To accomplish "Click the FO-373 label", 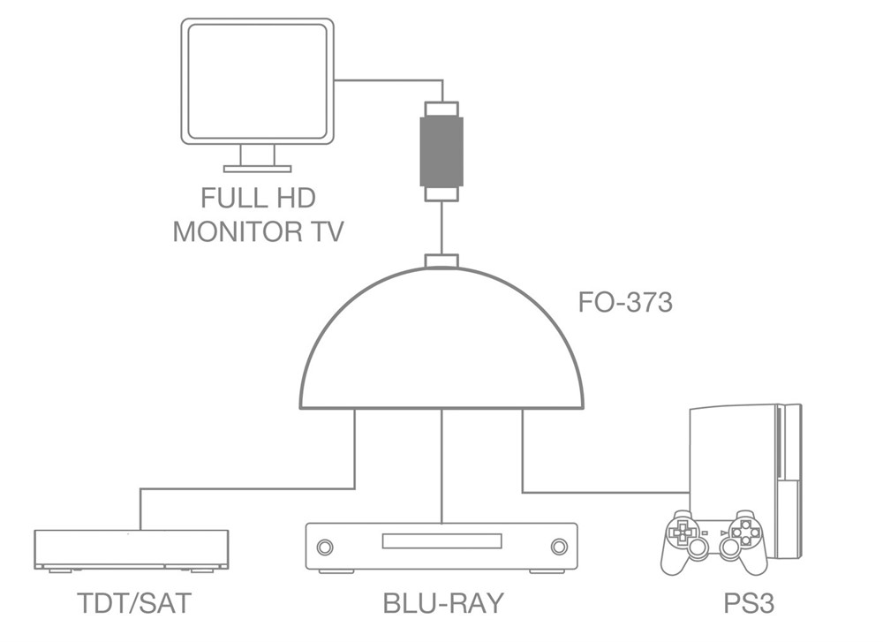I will point(625,303).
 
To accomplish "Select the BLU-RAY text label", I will point(443,603).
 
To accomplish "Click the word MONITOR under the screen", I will point(230,231).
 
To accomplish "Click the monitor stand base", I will point(257,168).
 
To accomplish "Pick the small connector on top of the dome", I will point(441,261).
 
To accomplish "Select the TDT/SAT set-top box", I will point(131,548).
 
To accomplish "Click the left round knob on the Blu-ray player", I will point(325,547).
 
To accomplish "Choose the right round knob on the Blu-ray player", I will point(558,547).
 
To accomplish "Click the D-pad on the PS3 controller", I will point(682,532).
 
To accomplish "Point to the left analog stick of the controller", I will point(698,549).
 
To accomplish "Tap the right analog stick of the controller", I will point(730,549).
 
